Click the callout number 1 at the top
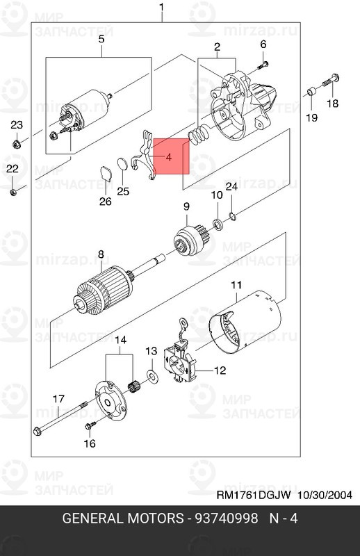coord(162,8)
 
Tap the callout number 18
coord(333,104)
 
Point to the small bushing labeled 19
coord(311,91)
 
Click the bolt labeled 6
coord(263,65)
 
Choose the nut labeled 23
coord(16,144)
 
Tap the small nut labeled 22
coord(13,193)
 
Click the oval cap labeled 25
coord(122,164)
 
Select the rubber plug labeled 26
coord(106,173)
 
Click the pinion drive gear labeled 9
coord(189,240)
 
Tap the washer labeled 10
coord(218,224)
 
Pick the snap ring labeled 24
coord(232,215)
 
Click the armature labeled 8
coord(106,287)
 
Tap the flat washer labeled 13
coord(152,376)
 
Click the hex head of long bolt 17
coord(37,431)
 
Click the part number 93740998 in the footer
coord(227,518)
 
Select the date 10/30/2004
coord(325,495)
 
